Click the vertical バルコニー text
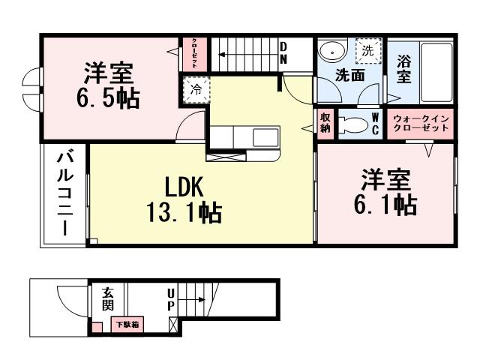click(65, 193)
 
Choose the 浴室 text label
click(403, 71)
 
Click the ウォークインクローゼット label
click(421, 123)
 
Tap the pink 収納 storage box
click(325, 122)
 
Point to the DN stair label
click(283, 55)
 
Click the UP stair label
click(171, 301)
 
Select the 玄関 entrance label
click(108, 300)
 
